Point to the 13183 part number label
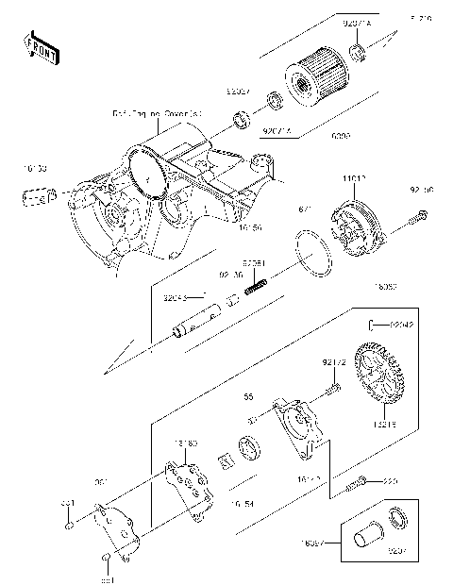184,442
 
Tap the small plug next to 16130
36,197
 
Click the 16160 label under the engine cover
249,227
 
